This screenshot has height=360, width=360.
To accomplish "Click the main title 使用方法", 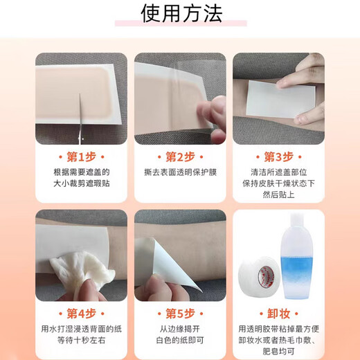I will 179,15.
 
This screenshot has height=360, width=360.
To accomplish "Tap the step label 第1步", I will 81,156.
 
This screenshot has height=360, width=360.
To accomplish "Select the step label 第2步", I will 179,156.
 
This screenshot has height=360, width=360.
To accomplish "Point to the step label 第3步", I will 278,156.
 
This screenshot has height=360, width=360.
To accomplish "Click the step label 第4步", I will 81,314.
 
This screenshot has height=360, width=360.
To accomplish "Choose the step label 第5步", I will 179,314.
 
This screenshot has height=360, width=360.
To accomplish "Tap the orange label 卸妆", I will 278,314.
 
